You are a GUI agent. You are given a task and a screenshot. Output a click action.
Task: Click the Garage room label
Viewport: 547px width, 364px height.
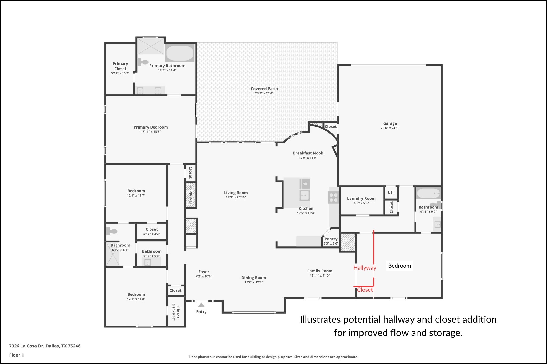pyautogui.click(x=390, y=123)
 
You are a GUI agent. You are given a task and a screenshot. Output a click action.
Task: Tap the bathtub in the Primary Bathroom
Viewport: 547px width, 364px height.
pyautogui.click(x=180, y=53)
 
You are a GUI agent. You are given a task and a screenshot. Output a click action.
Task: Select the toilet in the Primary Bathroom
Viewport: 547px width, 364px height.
pyautogui.click(x=143, y=62)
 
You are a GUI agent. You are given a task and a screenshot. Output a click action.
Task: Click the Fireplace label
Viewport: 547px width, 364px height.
pyautogui.click(x=191, y=195)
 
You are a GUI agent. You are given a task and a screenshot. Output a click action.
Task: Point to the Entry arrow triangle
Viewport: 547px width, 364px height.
pyautogui.click(x=201, y=305)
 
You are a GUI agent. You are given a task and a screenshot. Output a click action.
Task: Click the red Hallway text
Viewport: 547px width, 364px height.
pyautogui.click(x=365, y=268)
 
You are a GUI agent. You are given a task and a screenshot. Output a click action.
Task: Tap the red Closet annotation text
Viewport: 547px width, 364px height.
pyautogui.click(x=365, y=290)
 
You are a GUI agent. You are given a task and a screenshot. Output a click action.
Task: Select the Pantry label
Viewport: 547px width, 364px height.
pyautogui.click(x=331, y=239)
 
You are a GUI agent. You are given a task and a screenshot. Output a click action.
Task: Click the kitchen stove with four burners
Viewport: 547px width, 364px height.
pyautogui.click(x=333, y=198)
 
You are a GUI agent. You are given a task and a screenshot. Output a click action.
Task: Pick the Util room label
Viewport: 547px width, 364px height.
pyautogui.click(x=391, y=193)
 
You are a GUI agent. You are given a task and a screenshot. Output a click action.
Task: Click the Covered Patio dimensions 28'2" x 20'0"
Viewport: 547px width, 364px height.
pyautogui.click(x=264, y=93)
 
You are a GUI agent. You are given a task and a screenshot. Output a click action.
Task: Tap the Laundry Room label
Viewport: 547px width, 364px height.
pyautogui.click(x=361, y=198)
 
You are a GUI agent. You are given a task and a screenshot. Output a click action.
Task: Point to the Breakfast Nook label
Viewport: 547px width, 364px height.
pyautogui.click(x=308, y=153)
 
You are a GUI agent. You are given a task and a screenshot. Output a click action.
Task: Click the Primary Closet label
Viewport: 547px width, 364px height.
pyautogui.click(x=120, y=66)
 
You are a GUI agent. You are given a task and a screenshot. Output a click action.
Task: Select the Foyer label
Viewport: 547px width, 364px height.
pyautogui.click(x=204, y=272)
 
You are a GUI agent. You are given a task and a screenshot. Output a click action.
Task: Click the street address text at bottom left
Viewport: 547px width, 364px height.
pyautogui.click(x=45, y=346)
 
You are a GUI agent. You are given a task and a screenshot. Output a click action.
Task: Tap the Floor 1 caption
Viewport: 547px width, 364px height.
pyautogui.click(x=17, y=355)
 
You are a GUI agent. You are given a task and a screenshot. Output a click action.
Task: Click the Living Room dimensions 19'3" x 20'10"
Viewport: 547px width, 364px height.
pyautogui.click(x=236, y=197)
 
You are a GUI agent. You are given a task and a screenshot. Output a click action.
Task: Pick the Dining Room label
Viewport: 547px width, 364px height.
pyautogui.click(x=254, y=278)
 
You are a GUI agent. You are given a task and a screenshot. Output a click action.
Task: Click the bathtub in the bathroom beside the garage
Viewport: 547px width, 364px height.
pyautogui.click(x=428, y=193)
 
